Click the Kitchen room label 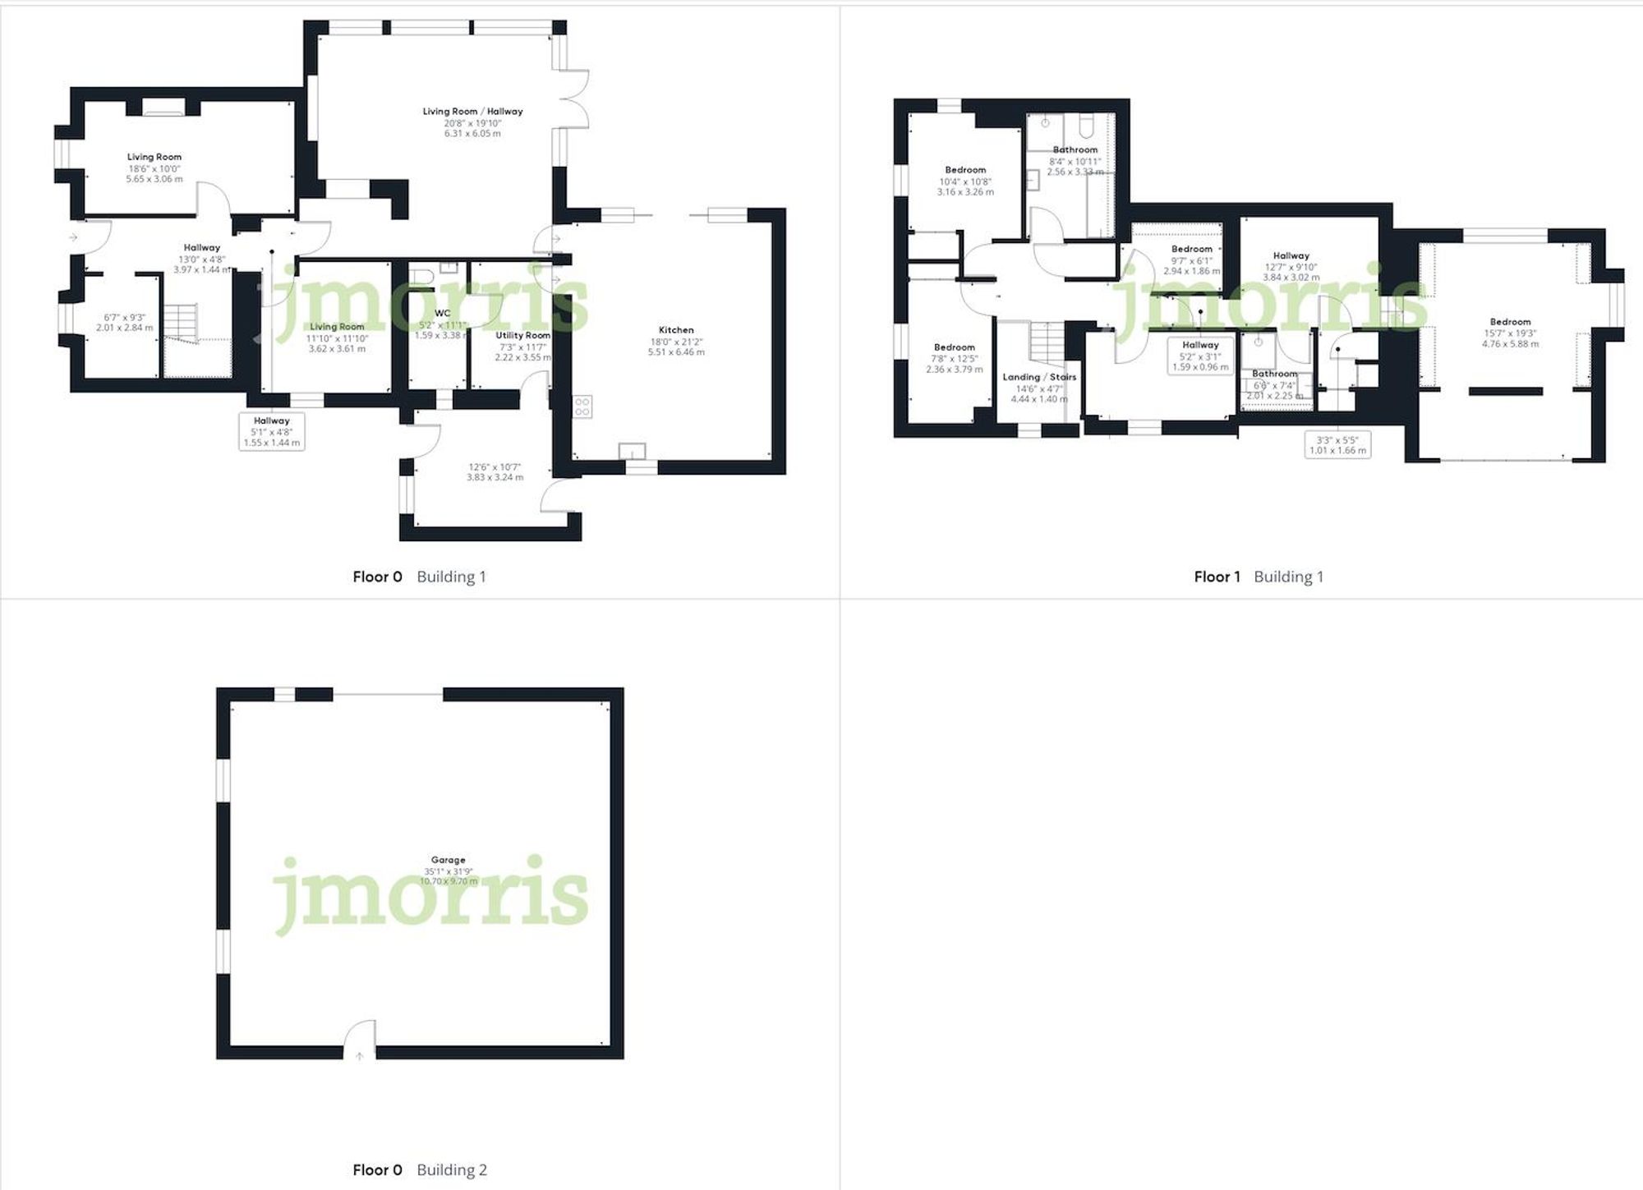[676, 330]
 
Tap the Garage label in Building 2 [448, 860]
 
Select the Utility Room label [522, 335]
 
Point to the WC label [442, 313]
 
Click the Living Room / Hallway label [472, 111]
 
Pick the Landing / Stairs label [1039, 377]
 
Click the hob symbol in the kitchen [582, 406]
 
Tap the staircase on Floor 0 [182, 319]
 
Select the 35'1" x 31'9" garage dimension [448, 871]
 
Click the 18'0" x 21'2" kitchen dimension [676, 342]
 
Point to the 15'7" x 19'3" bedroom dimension [1510, 333]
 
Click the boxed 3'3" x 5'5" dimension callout [1338, 444]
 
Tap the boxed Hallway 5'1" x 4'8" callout [272, 432]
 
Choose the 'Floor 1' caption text [1217, 577]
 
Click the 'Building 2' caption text [452, 1169]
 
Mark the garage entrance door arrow [359, 1056]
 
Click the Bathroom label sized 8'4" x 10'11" [1075, 149]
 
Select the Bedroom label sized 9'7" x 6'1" [1191, 249]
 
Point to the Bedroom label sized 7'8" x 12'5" [954, 347]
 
